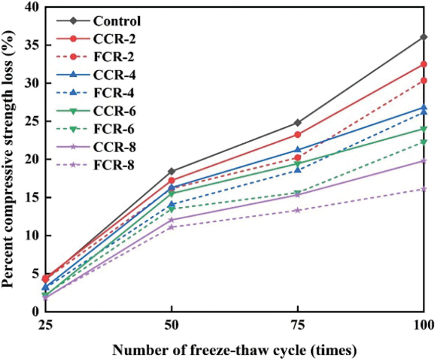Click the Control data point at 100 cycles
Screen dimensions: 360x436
424,37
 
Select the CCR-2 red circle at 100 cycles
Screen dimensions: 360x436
424,64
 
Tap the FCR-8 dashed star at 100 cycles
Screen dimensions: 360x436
424,189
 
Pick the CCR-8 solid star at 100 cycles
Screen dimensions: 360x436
424,161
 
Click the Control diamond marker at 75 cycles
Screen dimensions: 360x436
298,122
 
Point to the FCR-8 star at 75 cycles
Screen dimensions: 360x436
298,210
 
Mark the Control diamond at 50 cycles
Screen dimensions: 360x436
172,171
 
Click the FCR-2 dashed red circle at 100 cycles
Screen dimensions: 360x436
424,80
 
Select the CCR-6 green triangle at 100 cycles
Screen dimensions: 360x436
424,129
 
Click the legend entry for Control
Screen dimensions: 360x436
117,21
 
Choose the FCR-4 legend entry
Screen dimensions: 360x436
115,93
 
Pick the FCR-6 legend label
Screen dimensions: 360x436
115,129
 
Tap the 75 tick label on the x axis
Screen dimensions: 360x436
298,326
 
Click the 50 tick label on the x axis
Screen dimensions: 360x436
172,326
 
